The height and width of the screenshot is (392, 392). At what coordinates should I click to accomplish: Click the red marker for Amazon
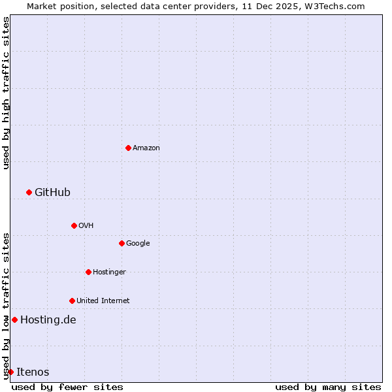(x=128, y=148)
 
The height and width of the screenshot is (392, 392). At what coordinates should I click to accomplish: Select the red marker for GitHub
(x=29, y=192)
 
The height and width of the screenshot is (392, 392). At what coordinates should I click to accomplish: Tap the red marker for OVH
(x=74, y=225)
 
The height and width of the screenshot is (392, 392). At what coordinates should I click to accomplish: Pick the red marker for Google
(x=122, y=243)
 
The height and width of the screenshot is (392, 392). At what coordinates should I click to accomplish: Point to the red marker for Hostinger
(x=88, y=272)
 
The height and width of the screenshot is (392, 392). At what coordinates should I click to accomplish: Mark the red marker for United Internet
(x=72, y=301)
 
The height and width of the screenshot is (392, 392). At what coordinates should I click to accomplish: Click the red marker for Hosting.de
(x=14, y=319)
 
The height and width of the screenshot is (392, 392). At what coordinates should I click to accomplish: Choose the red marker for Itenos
(x=10, y=372)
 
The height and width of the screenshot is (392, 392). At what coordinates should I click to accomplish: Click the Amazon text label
(x=146, y=148)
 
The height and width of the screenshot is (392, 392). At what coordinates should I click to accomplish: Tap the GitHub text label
(x=52, y=192)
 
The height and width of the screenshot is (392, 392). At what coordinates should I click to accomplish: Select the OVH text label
(x=86, y=226)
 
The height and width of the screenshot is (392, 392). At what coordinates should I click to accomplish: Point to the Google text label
(x=138, y=244)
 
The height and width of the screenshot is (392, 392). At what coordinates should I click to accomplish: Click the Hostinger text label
(x=109, y=272)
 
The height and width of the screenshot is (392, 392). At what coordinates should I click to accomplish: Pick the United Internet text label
(x=103, y=301)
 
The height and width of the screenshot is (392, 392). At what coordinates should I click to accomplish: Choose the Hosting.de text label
(x=48, y=320)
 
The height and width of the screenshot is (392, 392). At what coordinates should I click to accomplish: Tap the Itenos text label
(x=33, y=372)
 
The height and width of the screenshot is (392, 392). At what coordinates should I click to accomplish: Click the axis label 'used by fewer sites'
(x=67, y=387)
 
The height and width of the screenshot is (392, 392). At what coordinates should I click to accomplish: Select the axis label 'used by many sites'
(x=328, y=387)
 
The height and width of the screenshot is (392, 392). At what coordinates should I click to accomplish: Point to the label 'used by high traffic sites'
(x=6, y=93)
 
